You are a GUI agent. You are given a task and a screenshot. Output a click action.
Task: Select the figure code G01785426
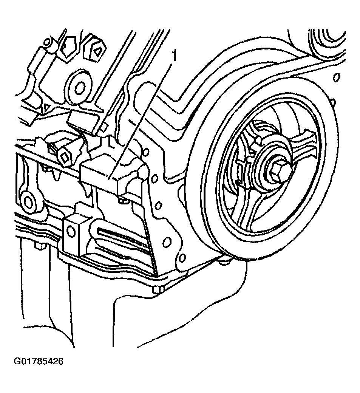click(38, 362)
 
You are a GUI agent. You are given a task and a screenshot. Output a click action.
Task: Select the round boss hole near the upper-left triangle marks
click(80, 88)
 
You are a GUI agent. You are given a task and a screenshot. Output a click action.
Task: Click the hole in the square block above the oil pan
click(71, 231)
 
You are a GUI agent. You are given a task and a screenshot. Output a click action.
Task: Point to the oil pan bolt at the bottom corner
click(158, 290)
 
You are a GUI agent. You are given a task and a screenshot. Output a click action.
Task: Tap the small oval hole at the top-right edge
click(337, 77)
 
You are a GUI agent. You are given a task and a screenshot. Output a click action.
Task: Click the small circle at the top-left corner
click(47, 42)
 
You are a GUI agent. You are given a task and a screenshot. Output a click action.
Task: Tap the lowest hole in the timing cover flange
click(182, 258)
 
